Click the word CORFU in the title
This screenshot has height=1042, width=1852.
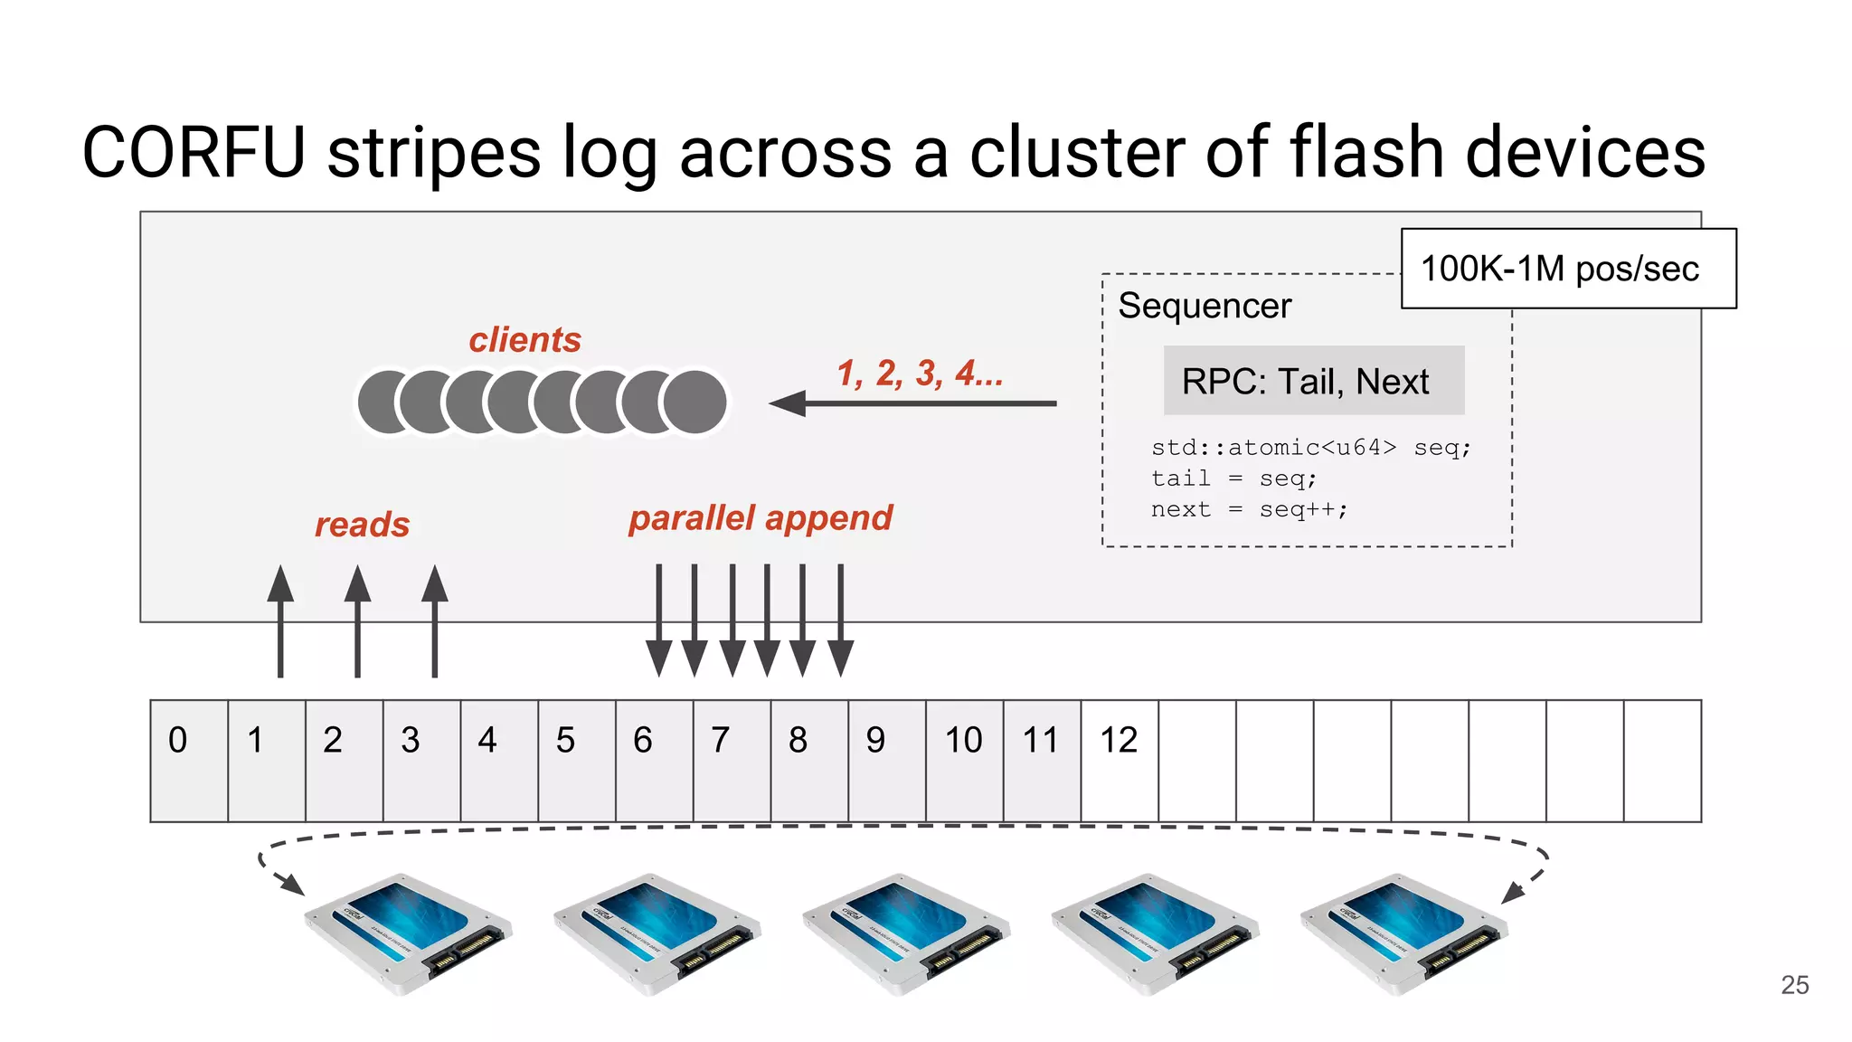click(x=194, y=153)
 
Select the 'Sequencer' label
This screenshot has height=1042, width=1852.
click(x=1204, y=306)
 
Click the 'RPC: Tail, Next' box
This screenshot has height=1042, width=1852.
click(x=1312, y=381)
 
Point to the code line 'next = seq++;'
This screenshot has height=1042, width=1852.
click(x=1249, y=510)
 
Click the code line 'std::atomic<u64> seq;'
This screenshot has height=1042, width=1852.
click(x=1310, y=448)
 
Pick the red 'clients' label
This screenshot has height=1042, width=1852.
click(x=524, y=340)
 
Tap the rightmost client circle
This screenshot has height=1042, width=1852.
click(x=694, y=402)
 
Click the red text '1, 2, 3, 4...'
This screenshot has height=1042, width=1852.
click(x=919, y=373)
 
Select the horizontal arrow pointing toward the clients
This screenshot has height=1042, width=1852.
click(x=913, y=403)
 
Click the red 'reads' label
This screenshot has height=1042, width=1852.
click(x=362, y=525)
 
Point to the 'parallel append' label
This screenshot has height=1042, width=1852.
click(x=761, y=518)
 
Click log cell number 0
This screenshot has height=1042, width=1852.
click(x=189, y=760)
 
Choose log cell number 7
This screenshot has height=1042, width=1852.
click(x=732, y=760)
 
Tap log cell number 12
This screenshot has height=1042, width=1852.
click(x=1119, y=760)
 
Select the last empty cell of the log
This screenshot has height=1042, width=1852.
click(x=1662, y=760)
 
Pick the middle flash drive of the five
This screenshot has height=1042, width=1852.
click(x=906, y=933)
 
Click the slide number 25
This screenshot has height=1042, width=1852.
click(x=1794, y=985)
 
